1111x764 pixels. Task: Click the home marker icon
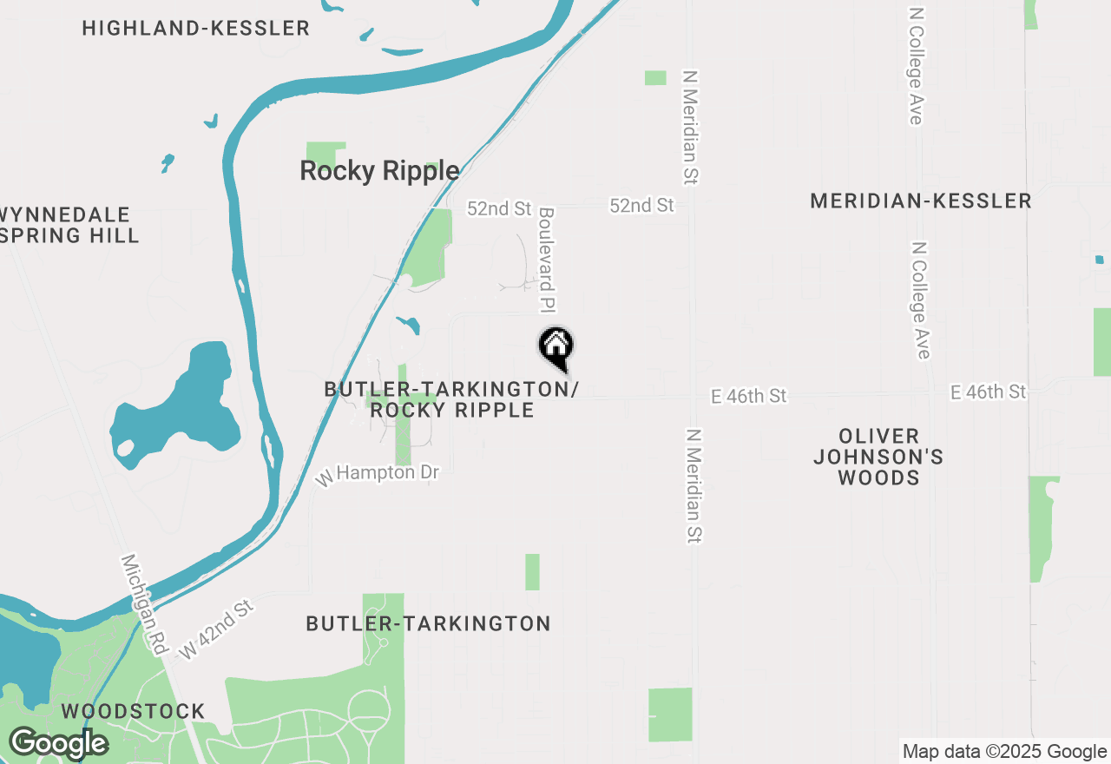pyautogui.click(x=556, y=347)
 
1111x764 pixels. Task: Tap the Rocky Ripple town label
pyautogui.click(x=379, y=171)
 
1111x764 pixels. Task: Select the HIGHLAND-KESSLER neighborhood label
pyautogui.click(x=196, y=28)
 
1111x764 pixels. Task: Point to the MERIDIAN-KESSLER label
pyautogui.click(x=921, y=201)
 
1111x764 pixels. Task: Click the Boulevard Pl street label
pyautogui.click(x=546, y=259)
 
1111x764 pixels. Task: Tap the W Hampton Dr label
pyautogui.click(x=378, y=474)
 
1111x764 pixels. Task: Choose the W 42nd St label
pyautogui.click(x=216, y=629)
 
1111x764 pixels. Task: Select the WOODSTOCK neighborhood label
pyautogui.click(x=133, y=712)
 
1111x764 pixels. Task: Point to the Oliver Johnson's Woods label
pyautogui.click(x=878, y=457)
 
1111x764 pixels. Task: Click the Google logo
pyautogui.click(x=58, y=743)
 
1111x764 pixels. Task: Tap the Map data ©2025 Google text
pyautogui.click(x=1004, y=752)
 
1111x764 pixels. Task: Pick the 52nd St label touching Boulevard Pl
pyautogui.click(x=499, y=208)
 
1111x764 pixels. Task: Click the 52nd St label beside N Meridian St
pyautogui.click(x=641, y=205)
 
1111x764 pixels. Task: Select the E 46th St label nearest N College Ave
pyautogui.click(x=989, y=392)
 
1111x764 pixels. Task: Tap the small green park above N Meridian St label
pyautogui.click(x=655, y=78)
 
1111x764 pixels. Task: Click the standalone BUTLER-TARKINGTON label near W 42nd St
pyautogui.click(x=429, y=623)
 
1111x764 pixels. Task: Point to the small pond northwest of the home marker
pyautogui.click(x=409, y=326)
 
